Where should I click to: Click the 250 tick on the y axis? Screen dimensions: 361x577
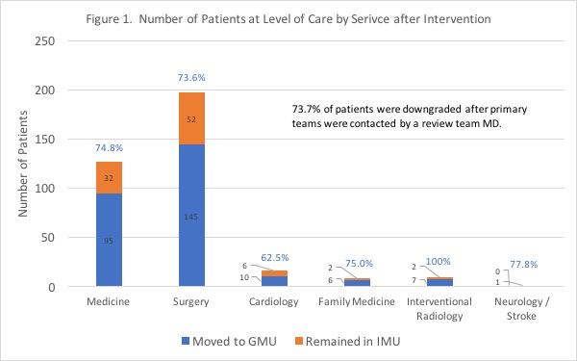coord(44,40)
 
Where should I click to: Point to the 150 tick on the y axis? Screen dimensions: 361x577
coord(44,140)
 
